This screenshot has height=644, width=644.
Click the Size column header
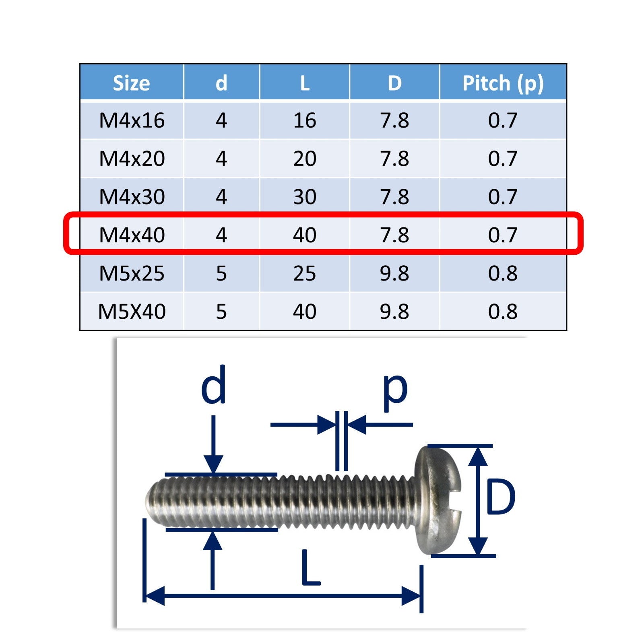point(131,83)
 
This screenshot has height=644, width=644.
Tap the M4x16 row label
point(132,120)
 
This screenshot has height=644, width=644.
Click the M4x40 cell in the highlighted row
point(132,235)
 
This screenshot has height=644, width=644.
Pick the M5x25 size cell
point(132,273)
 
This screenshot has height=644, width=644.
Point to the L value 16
point(305,120)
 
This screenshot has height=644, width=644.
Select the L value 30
point(305,197)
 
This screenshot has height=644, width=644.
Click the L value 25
point(305,273)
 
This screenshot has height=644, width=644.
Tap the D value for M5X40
point(394,312)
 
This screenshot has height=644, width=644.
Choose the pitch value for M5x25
point(503,273)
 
